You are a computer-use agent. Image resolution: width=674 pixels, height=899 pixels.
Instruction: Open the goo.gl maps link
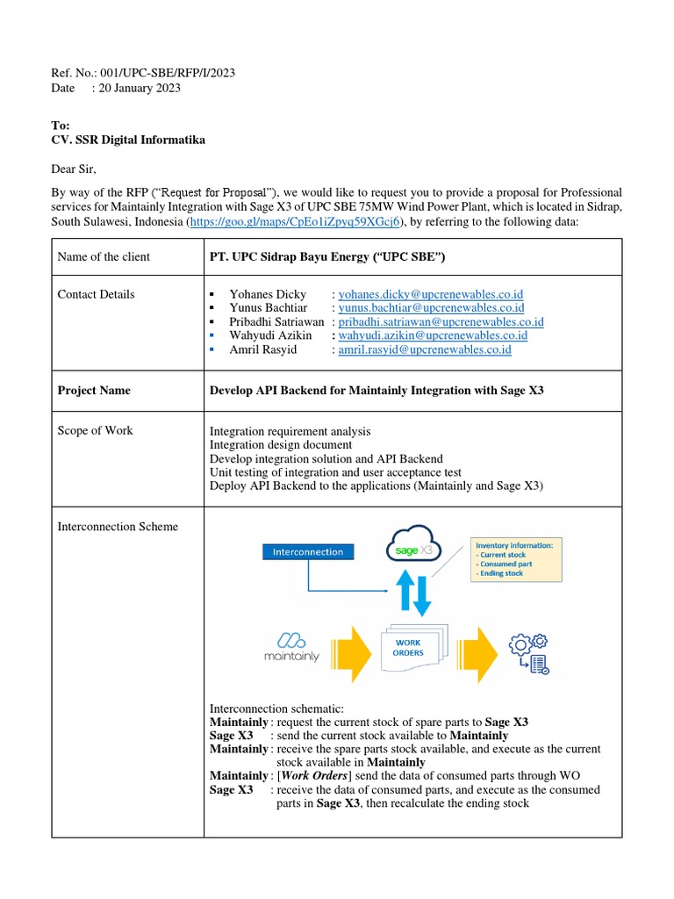[x=295, y=223]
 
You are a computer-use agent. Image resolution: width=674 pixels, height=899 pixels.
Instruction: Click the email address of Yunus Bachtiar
[x=431, y=308]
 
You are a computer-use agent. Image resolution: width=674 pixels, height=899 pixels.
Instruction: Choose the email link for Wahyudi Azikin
[x=433, y=335]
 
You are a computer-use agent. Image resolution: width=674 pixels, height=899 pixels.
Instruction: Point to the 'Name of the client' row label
[x=104, y=257]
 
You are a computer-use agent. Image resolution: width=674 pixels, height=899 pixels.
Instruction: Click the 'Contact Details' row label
[x=96, y=294]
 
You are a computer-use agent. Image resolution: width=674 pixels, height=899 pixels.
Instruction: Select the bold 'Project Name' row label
[x=94, y=390]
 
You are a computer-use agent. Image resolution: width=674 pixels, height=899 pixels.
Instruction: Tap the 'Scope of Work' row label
[x=95, y=430]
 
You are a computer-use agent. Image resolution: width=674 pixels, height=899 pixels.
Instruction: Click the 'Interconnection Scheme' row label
[x=118, y=527]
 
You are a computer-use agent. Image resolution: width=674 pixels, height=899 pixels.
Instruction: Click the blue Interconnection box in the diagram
[x=308, y=551]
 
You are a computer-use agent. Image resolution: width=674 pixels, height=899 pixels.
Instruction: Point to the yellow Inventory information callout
[x=515, y=558]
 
